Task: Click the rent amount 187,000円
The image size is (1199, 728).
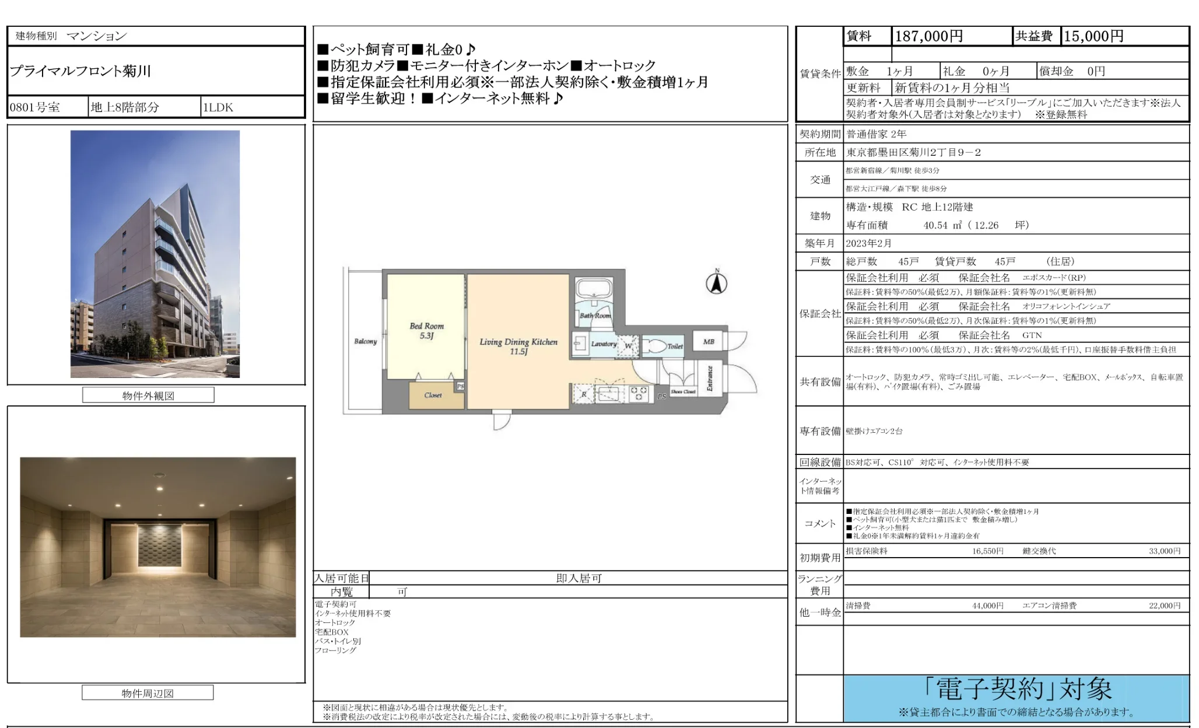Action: [x=928, y=36]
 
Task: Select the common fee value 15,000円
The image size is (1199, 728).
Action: [x=1093, y=36]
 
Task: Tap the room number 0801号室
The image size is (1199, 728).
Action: [x=35, y=107]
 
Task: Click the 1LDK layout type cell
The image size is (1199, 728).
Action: [x=218, y=107]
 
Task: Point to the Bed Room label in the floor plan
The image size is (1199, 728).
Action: [x=426, y=330]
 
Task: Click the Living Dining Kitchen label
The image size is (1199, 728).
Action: [x=518, y=346]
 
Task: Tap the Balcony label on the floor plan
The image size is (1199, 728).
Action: [x=366, y=341]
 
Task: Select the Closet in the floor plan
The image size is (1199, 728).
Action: [x=433, y=395]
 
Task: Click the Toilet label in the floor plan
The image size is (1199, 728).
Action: [x=675, y=346]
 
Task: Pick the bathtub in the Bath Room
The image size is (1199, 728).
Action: [x=593, y=289]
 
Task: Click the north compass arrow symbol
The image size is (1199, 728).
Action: [x=717, y=283]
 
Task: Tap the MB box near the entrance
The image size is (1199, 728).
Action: [x=709, y=341]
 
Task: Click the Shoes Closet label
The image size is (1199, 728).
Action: [x=683, y=391]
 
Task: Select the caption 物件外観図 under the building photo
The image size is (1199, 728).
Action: [x=148, y=395]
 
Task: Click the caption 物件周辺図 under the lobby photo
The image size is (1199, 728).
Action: [x=148, y=693]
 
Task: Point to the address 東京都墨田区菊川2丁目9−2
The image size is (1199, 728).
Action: [x=913, y=152]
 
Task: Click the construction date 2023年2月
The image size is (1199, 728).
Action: [x=869, y=243]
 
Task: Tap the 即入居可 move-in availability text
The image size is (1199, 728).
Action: [x=579, y=578]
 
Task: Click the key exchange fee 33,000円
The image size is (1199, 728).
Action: [x=1164, y=551]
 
